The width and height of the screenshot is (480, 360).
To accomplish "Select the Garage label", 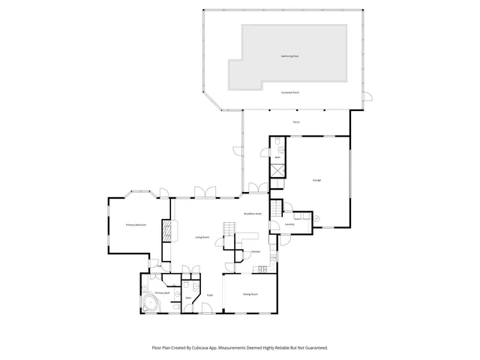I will click(316, 180).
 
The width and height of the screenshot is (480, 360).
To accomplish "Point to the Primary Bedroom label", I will click(136, 225).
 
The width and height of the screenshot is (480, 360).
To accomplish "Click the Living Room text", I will click(202, 237).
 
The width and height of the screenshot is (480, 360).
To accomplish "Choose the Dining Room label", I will click(250, 294).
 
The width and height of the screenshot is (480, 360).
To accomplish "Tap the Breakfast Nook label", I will click(253, 214).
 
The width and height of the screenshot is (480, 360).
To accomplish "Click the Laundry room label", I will click(289, 224).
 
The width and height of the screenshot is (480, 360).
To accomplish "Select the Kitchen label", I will click(255, 251).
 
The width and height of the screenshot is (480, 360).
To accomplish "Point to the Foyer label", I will click(211, 295).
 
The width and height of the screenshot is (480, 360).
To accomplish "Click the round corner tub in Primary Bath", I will click(151, 304).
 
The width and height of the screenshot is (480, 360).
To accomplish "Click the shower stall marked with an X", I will click(277, 169).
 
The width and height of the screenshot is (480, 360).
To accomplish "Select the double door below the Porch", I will click(257, 187).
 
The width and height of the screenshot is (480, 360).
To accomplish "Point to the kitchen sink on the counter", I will click(262, 270).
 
